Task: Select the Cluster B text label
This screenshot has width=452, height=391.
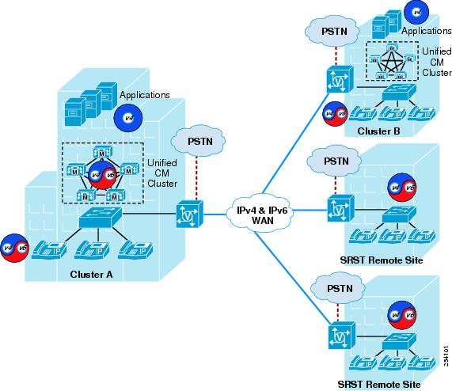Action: click(x=378, y=131)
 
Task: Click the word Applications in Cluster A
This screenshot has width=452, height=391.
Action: click(x=145, y=95)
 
